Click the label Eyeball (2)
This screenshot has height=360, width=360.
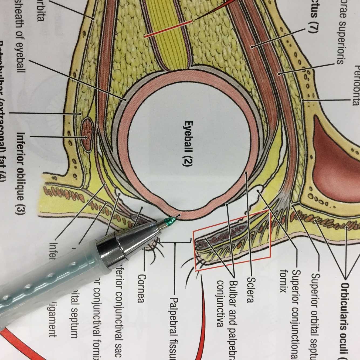(188, 143)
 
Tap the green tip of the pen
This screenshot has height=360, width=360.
(171, 222)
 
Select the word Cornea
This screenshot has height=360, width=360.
(142, 288)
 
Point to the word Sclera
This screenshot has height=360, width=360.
(250, 290)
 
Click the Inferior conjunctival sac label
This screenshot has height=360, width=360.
(120, 310)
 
